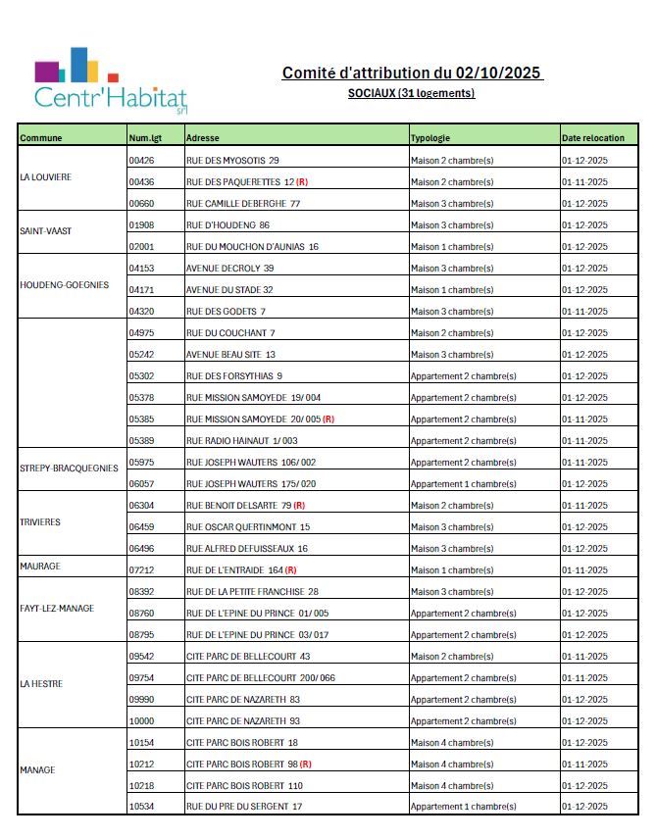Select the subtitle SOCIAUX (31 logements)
[x=411, y=93]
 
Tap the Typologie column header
[x=430, y=138]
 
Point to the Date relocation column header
[x=592, y=138]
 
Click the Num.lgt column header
[x=144, y=138]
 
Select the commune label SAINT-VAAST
[x=45, y=231]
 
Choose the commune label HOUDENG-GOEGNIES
[x=64, y=285]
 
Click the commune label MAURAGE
[x=39, y=567]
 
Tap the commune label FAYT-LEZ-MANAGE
[x=57, y=609]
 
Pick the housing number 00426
[x=141, y=160]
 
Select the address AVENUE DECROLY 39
[x=229, y=269]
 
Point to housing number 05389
[x=141, y=441]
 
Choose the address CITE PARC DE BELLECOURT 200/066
[x=260, y=678]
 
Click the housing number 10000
[x=141, y=721]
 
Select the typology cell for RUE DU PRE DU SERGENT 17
[x=463, y=807]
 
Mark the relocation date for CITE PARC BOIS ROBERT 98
[x=584, y=765]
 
